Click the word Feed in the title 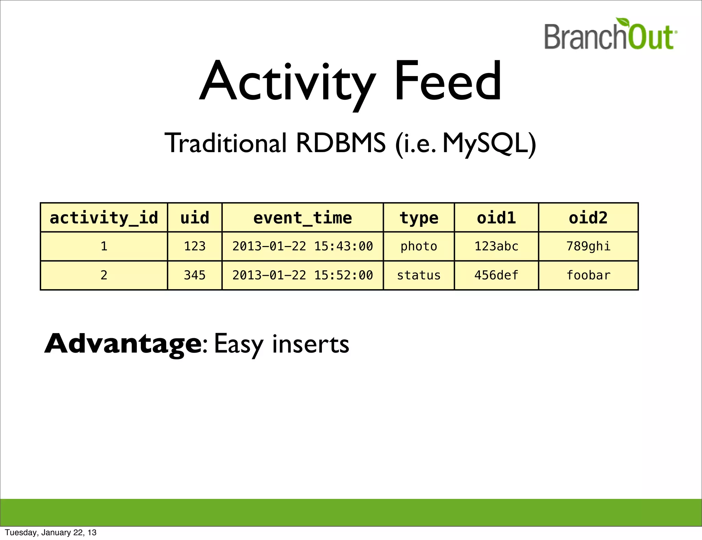click(x=448, y=81)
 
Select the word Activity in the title click(x=287, y=82)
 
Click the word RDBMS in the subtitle click(x=340, y=143)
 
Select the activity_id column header click(x=104, y=218)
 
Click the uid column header click(x=195, y=218)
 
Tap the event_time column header click(x=302, y=218)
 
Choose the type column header click(x=419, y=218)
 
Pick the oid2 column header click(x=588, y=218)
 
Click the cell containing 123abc click(x=496, y=246)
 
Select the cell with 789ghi click(x=588, y=246)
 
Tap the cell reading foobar click(x=588, y=275)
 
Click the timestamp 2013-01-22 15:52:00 click(x=302, y=275)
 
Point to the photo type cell click(x=419, y=246)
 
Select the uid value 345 click(x=195, y=275)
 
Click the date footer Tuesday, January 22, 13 click(x=51, y=532)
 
